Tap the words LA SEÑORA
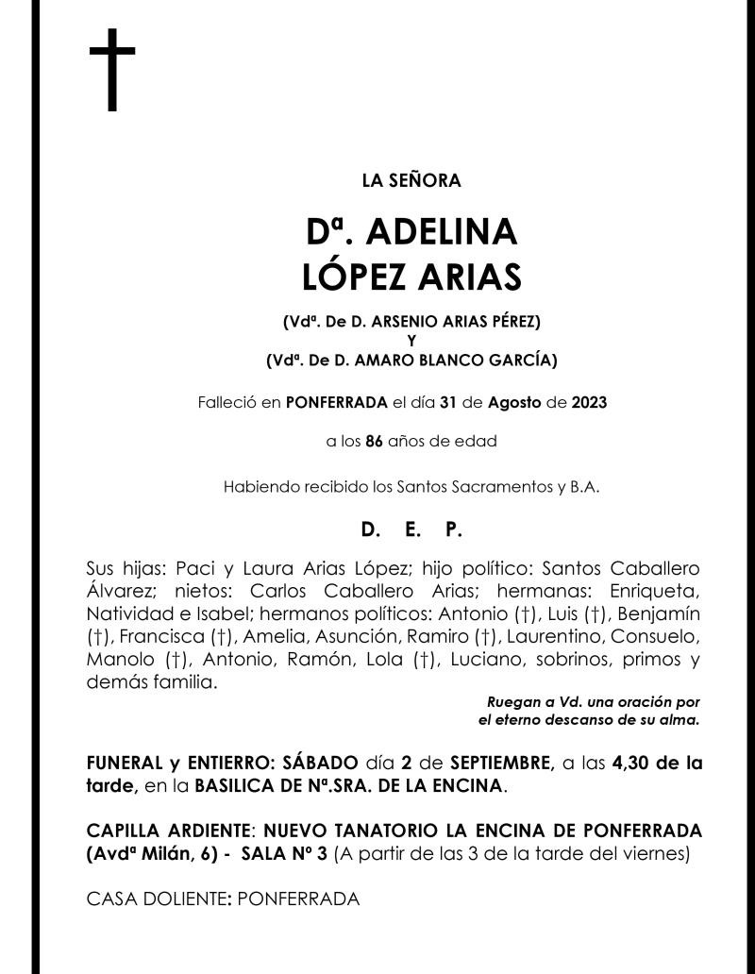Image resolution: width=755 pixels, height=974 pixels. pyautogui.click(x=411, y=180)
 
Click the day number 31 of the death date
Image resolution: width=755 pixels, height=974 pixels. pyautogui.click(x=449, y=403)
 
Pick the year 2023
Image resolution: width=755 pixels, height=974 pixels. pyautogui.click(x=589, y=403)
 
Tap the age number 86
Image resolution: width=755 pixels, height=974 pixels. pyautogui.click(x=374, y=441)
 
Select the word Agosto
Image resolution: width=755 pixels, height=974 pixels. pyautogui.click(x=515, y=403)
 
